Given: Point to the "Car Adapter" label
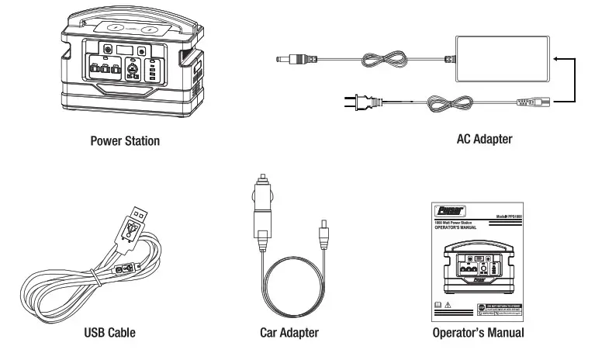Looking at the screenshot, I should [289, 333].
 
